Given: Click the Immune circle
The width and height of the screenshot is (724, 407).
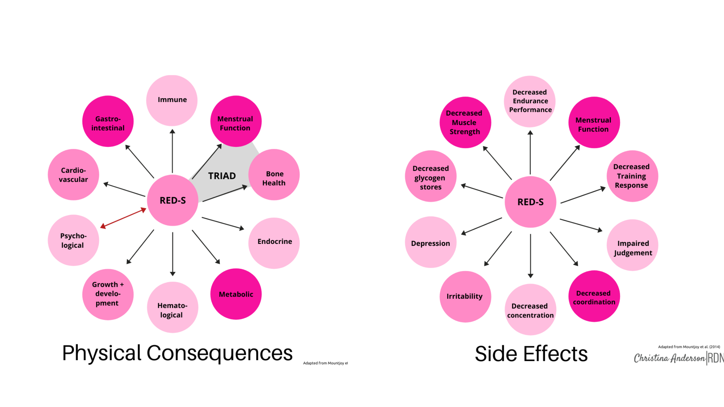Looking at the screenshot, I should click(x=172, y=100).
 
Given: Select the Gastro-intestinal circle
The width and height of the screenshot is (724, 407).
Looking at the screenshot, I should click(x=108, y=121).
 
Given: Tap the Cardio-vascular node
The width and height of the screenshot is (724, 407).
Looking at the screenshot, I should click(x=73, y=175).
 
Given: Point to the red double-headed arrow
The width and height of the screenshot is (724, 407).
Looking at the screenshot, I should click(x=123, y=218).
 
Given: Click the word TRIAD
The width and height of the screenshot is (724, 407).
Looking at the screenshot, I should click(x=222, y=176).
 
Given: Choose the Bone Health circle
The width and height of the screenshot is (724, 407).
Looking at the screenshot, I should click(x=274, y=175).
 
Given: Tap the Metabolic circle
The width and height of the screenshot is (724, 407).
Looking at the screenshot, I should click(x=236, y=294).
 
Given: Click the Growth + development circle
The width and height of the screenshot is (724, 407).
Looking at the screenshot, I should click(x=108, y=294).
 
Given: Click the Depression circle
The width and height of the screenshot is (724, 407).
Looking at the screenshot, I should click(x=431, y=242).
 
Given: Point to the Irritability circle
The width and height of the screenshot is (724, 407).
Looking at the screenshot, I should click(x=465, y=297).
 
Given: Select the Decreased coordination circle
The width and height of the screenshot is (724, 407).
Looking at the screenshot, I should click(x=594, y=296).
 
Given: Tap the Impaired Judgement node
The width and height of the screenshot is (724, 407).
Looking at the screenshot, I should click(x=633, y=245).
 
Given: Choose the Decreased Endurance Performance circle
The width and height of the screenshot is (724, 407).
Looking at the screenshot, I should click(x=530, y=101).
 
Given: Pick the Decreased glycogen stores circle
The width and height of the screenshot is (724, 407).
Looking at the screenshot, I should click(x=431, y=176).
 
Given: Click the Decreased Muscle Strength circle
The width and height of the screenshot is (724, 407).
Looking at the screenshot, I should click(x=465, y=122).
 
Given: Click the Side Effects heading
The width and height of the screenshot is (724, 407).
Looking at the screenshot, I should click(x=531, y=354).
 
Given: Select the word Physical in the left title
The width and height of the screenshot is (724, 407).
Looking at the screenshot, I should click(x=102, y=353).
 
